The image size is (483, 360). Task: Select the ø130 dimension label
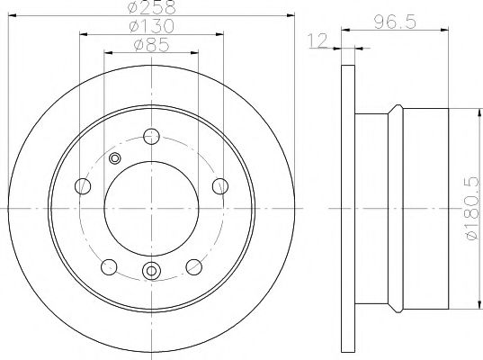coord(150,28)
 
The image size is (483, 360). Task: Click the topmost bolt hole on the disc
coord(150,138)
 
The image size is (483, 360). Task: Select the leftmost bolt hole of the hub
coord(84,186)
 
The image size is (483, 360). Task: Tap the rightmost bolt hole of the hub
coord(217,185)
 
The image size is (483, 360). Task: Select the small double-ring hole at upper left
coord(114,159)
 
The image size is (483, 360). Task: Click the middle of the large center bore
coord(150,208)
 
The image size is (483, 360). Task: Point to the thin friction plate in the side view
coord(350,210)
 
